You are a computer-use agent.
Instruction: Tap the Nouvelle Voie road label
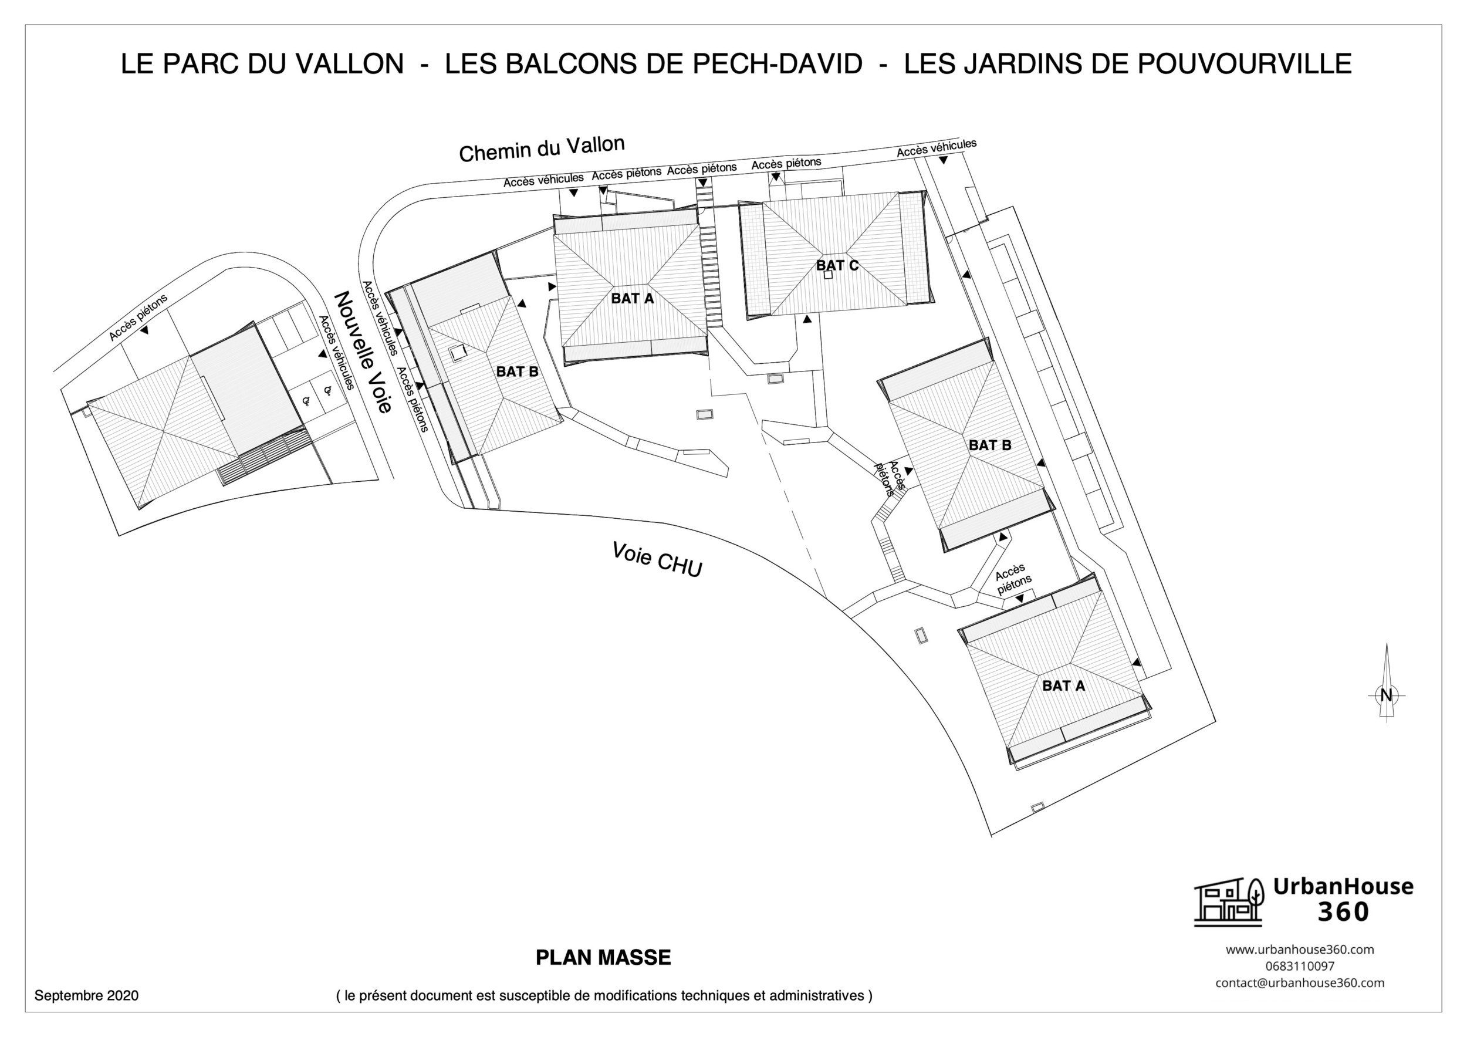point(362,352)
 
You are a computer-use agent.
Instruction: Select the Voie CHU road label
point(657,559)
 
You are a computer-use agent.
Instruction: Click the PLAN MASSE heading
point(603,957)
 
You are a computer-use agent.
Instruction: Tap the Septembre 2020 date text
point(86,995)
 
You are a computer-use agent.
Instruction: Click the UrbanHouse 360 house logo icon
point(1228,901)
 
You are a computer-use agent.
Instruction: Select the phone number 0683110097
point(1300,966)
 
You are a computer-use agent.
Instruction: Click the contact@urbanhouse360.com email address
point(1300,982)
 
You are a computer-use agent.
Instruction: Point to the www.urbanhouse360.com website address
point(1300,950)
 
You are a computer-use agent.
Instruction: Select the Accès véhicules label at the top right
point(936,147)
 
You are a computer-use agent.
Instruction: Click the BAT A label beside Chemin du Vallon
point(633,298)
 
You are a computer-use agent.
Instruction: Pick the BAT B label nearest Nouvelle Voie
point(517,371)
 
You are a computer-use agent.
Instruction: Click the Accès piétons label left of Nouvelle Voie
point(138,317)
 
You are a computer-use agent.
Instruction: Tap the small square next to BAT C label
point(829,276)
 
